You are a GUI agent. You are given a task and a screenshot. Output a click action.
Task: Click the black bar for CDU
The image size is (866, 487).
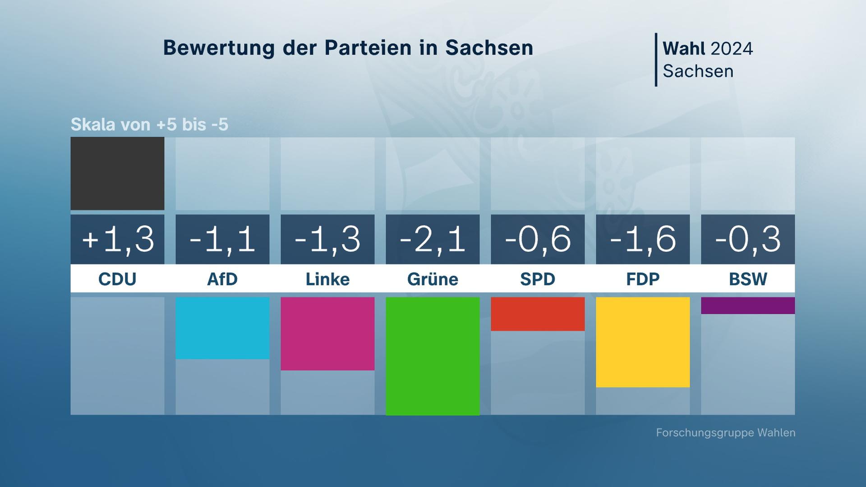click(117, 174)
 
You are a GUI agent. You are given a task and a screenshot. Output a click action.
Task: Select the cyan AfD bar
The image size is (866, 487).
click(222, 328)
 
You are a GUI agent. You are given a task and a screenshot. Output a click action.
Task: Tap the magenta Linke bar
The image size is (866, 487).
click(327, 334)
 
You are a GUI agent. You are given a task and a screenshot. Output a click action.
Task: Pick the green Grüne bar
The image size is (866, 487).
click(433, 356)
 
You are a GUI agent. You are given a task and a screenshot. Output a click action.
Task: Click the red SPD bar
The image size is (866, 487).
click(538, 314)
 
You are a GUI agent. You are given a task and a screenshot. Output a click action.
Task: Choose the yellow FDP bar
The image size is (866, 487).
click(643, 342)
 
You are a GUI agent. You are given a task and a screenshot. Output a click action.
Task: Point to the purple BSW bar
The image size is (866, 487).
click(748, 305)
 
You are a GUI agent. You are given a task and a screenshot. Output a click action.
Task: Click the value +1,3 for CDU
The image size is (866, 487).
click(117, 239)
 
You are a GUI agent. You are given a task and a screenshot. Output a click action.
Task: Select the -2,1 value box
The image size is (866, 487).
click(433, 239)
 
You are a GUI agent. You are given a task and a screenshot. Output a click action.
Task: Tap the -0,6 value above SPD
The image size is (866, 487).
click(538, 239)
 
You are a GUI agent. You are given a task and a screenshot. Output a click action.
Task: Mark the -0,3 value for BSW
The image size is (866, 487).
click(748, 239)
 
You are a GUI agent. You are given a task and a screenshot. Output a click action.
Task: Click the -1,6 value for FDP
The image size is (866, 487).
click(643, 239)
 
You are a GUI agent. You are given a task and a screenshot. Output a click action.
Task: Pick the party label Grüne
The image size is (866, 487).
click(433, 279)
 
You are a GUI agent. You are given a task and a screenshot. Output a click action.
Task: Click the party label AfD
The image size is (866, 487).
click(222, 279)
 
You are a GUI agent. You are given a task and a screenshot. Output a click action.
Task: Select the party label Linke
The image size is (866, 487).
click(327, 279)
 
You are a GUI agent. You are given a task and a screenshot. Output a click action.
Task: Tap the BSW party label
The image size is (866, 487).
click(748, 279)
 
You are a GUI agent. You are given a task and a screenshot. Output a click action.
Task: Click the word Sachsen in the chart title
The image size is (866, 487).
click(489, 48)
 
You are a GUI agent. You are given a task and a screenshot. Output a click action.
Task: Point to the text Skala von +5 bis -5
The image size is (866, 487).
click(149, 124)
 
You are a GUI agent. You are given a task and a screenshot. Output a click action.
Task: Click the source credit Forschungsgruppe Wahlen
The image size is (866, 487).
click(725, 433)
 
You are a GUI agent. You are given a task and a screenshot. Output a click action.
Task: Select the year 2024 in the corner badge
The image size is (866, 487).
click(731, 49)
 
